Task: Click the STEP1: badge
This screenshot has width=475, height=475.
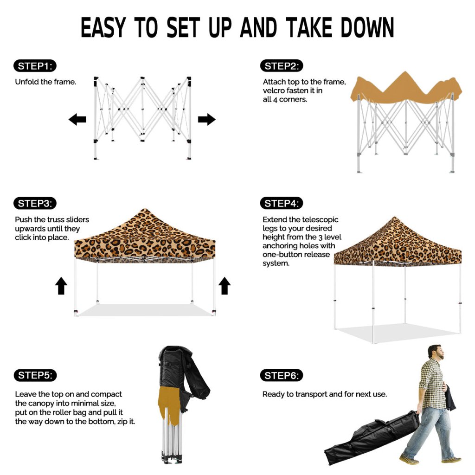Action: tap(35, 66)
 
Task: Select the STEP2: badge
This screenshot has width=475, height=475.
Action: tap(282, 66)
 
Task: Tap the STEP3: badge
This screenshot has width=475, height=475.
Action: tap(35, 203)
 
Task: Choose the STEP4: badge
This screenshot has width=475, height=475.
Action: tap(282, 203)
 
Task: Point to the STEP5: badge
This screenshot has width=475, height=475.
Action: tap(35, 375)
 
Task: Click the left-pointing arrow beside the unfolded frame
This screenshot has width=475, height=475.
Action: tap(77, 119)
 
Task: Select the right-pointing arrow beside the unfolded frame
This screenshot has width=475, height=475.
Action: tap(206, 119)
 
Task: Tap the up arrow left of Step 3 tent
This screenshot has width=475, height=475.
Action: tap(61, 286)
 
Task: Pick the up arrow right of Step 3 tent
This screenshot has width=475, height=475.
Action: tap(225, 286)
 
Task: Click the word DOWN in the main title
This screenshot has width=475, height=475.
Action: tap(367, 27)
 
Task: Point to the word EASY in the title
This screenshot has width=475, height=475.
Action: tap(103, 27)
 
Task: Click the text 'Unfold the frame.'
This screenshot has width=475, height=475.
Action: tap(45, 82)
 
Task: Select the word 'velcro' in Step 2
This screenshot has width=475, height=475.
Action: tap(274, 90)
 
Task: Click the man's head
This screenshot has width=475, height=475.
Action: tap(436, 352)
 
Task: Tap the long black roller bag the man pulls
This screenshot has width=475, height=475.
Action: tap(372, 437)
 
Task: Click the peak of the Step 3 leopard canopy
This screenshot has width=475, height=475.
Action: tap(145, 209)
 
